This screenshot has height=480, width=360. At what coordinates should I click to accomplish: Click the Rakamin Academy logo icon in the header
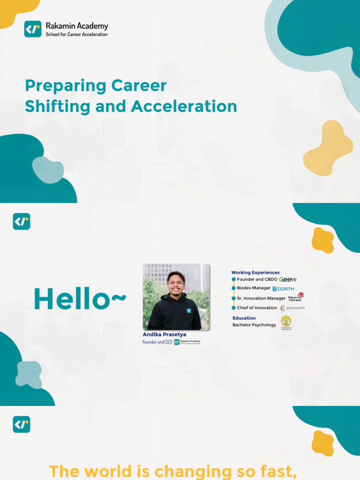coord(33,29)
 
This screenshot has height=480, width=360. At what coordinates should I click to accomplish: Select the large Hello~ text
coord(80,299)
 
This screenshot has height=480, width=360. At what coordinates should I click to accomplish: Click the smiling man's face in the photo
coord(175,283)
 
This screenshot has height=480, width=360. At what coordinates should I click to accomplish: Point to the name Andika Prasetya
coord(164,335)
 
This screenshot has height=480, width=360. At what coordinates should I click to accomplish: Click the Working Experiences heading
coord(255,272)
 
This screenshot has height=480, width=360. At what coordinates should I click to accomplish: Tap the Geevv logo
coord(287,279)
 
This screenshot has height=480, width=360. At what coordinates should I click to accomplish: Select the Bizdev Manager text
coord(254,288)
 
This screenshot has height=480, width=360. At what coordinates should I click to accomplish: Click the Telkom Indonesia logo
coord(296,297)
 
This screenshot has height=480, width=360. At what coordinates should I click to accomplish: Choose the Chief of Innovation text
coord(257,308)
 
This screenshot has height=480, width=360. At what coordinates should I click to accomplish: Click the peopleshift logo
coord(292,308)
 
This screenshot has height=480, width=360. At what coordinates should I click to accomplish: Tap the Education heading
coord(244,318)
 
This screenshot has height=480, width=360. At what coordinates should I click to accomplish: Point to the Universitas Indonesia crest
coord(286,322)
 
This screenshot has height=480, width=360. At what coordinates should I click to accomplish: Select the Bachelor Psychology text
coord(254,325)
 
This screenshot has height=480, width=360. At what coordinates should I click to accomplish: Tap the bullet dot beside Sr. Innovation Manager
coord(233,298)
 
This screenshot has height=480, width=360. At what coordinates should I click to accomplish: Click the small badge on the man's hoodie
coord(188,310)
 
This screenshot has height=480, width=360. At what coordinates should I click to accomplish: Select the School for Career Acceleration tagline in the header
coord(76,35)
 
